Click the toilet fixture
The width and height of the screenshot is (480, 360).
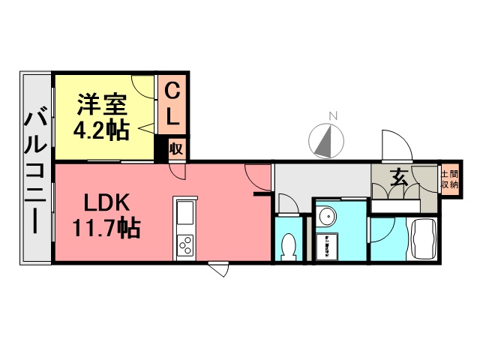(x=288, y=245)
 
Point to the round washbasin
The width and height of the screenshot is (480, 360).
(x=326, y=217)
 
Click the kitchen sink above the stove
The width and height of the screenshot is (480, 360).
(x=184, y=214)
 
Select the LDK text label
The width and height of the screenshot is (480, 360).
(x=107, y=202)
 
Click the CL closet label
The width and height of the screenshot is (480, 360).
(x=172, y=104)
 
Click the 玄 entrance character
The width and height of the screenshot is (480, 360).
(x=398, y=178)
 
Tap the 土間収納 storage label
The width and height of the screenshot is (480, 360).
(x=449, y=179)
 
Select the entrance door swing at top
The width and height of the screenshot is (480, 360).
(x=394, y=147)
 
